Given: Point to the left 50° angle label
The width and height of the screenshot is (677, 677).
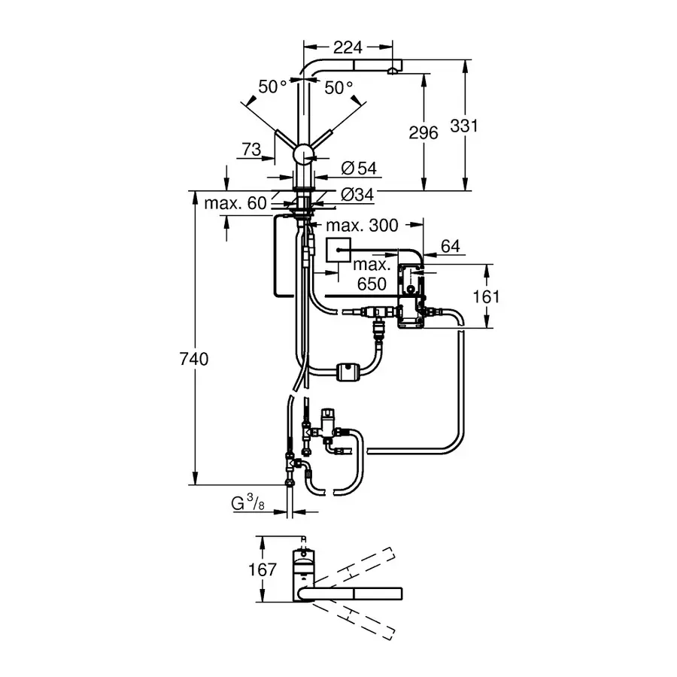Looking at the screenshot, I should click(x=272, y=87).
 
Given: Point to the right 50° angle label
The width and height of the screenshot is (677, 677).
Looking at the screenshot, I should click(x=339, y=87).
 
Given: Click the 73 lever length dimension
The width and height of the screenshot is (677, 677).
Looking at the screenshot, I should click(x=252, y=149).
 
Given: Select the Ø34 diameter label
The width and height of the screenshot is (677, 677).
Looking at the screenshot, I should click(x=357, y=195).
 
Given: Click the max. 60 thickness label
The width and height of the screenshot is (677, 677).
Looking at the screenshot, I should click(x=235, y=202).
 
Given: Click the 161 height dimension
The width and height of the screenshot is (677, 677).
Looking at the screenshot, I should click(x=487, y=296).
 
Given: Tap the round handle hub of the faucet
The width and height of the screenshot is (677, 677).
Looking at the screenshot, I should click(x=304, y=156).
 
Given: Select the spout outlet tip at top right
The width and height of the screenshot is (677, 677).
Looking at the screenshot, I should click(x=392, y=70).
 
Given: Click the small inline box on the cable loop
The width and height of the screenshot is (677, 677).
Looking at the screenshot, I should click(x=348, y=371).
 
